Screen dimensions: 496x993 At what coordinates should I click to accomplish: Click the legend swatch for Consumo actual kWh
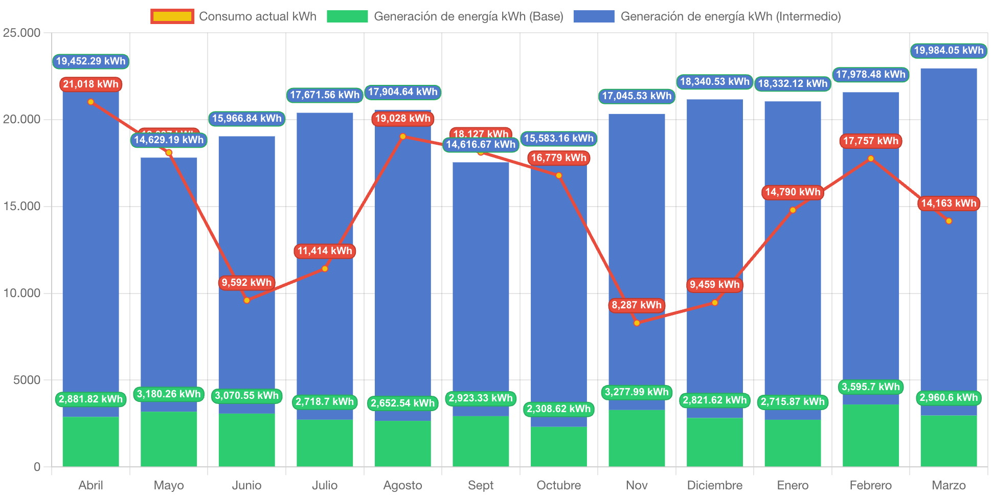pyautogui.click(x=172, y=16)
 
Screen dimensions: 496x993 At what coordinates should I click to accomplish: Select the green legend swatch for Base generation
pyautogui.click(x=347, y=16)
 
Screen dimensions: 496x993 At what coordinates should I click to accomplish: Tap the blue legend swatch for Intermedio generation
pyautogui.click(x=594, y=16)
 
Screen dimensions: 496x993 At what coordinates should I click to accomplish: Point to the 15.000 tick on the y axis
pyautogui.click(x=21, y=206)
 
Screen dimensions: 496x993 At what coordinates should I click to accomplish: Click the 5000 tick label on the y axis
pyautogui.click(x=27, y=380)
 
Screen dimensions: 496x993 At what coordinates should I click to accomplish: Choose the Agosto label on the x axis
pyautogui.click(x=402, y=485)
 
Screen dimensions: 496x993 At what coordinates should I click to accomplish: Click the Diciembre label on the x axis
pyautogui.click(x=714, y=485)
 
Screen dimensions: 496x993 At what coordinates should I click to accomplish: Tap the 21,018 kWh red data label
pyautogui.click(x=91, y=84)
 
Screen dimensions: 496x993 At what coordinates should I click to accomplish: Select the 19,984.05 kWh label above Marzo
pyautogui.click(x=949, y=51)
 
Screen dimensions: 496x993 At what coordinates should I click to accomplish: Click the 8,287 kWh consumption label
pyautogui.click(x=637, y=305)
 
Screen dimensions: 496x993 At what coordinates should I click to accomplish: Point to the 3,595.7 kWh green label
pyautogui.click(x=870, y=387)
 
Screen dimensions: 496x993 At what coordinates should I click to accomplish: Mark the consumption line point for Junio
pyautogui.click(x=247, y=300)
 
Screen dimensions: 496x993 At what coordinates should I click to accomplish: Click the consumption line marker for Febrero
pyautogui.click(x=871, y=159)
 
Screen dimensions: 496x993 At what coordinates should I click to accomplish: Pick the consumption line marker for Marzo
pyautogui.click(x=949, y=221)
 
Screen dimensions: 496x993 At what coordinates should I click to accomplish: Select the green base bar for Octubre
pyautogui.click(x=558, y=446)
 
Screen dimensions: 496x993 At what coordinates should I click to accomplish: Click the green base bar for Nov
pyautogui.click(x=637, y=438)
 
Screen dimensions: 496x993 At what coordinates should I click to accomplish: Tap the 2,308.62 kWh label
pyautogui.click(x=558, y=409)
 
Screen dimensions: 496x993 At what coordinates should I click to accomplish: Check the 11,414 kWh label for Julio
pyautogui.click(x=325, y=251)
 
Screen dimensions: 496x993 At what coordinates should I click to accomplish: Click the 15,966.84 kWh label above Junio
pyautogui.click(x=246, y=119)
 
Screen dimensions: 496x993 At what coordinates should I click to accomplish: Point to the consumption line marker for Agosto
pyautogui.click(x=403, y=137)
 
